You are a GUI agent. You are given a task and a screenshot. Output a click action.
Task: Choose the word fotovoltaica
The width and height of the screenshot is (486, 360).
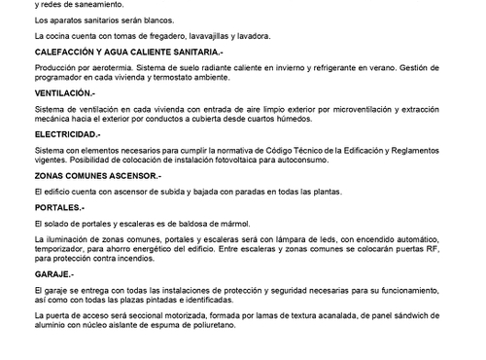(x=235, y=160)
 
